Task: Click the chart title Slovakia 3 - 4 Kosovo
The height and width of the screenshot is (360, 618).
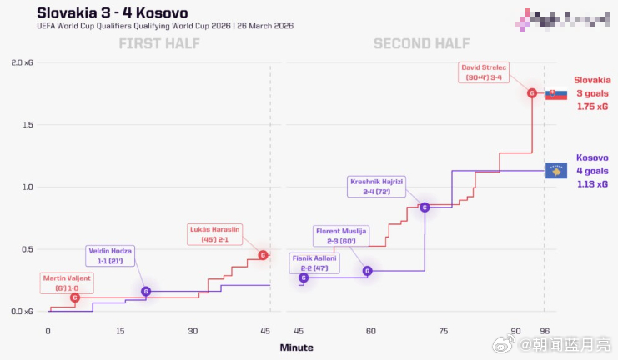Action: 113,12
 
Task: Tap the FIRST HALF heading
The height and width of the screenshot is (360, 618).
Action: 158,44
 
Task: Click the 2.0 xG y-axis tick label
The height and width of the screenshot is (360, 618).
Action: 22,63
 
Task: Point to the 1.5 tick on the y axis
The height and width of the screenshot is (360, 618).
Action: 28,125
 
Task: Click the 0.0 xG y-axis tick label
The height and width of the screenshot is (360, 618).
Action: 22,312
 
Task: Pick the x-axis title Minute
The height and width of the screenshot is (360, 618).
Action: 297,347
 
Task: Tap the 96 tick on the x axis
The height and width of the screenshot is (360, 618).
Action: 545,331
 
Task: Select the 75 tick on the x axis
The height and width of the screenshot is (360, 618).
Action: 443,331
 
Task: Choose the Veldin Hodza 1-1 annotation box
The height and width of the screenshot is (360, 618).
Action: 110,256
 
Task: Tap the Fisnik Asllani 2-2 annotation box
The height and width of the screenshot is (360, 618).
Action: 314,263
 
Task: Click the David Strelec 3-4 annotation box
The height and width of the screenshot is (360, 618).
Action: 484,72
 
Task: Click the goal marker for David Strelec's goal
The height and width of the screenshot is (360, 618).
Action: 532,93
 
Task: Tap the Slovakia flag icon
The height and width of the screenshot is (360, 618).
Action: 556,94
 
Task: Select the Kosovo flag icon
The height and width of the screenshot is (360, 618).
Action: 556,170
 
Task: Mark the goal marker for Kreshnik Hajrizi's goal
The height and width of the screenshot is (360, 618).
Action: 425,207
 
